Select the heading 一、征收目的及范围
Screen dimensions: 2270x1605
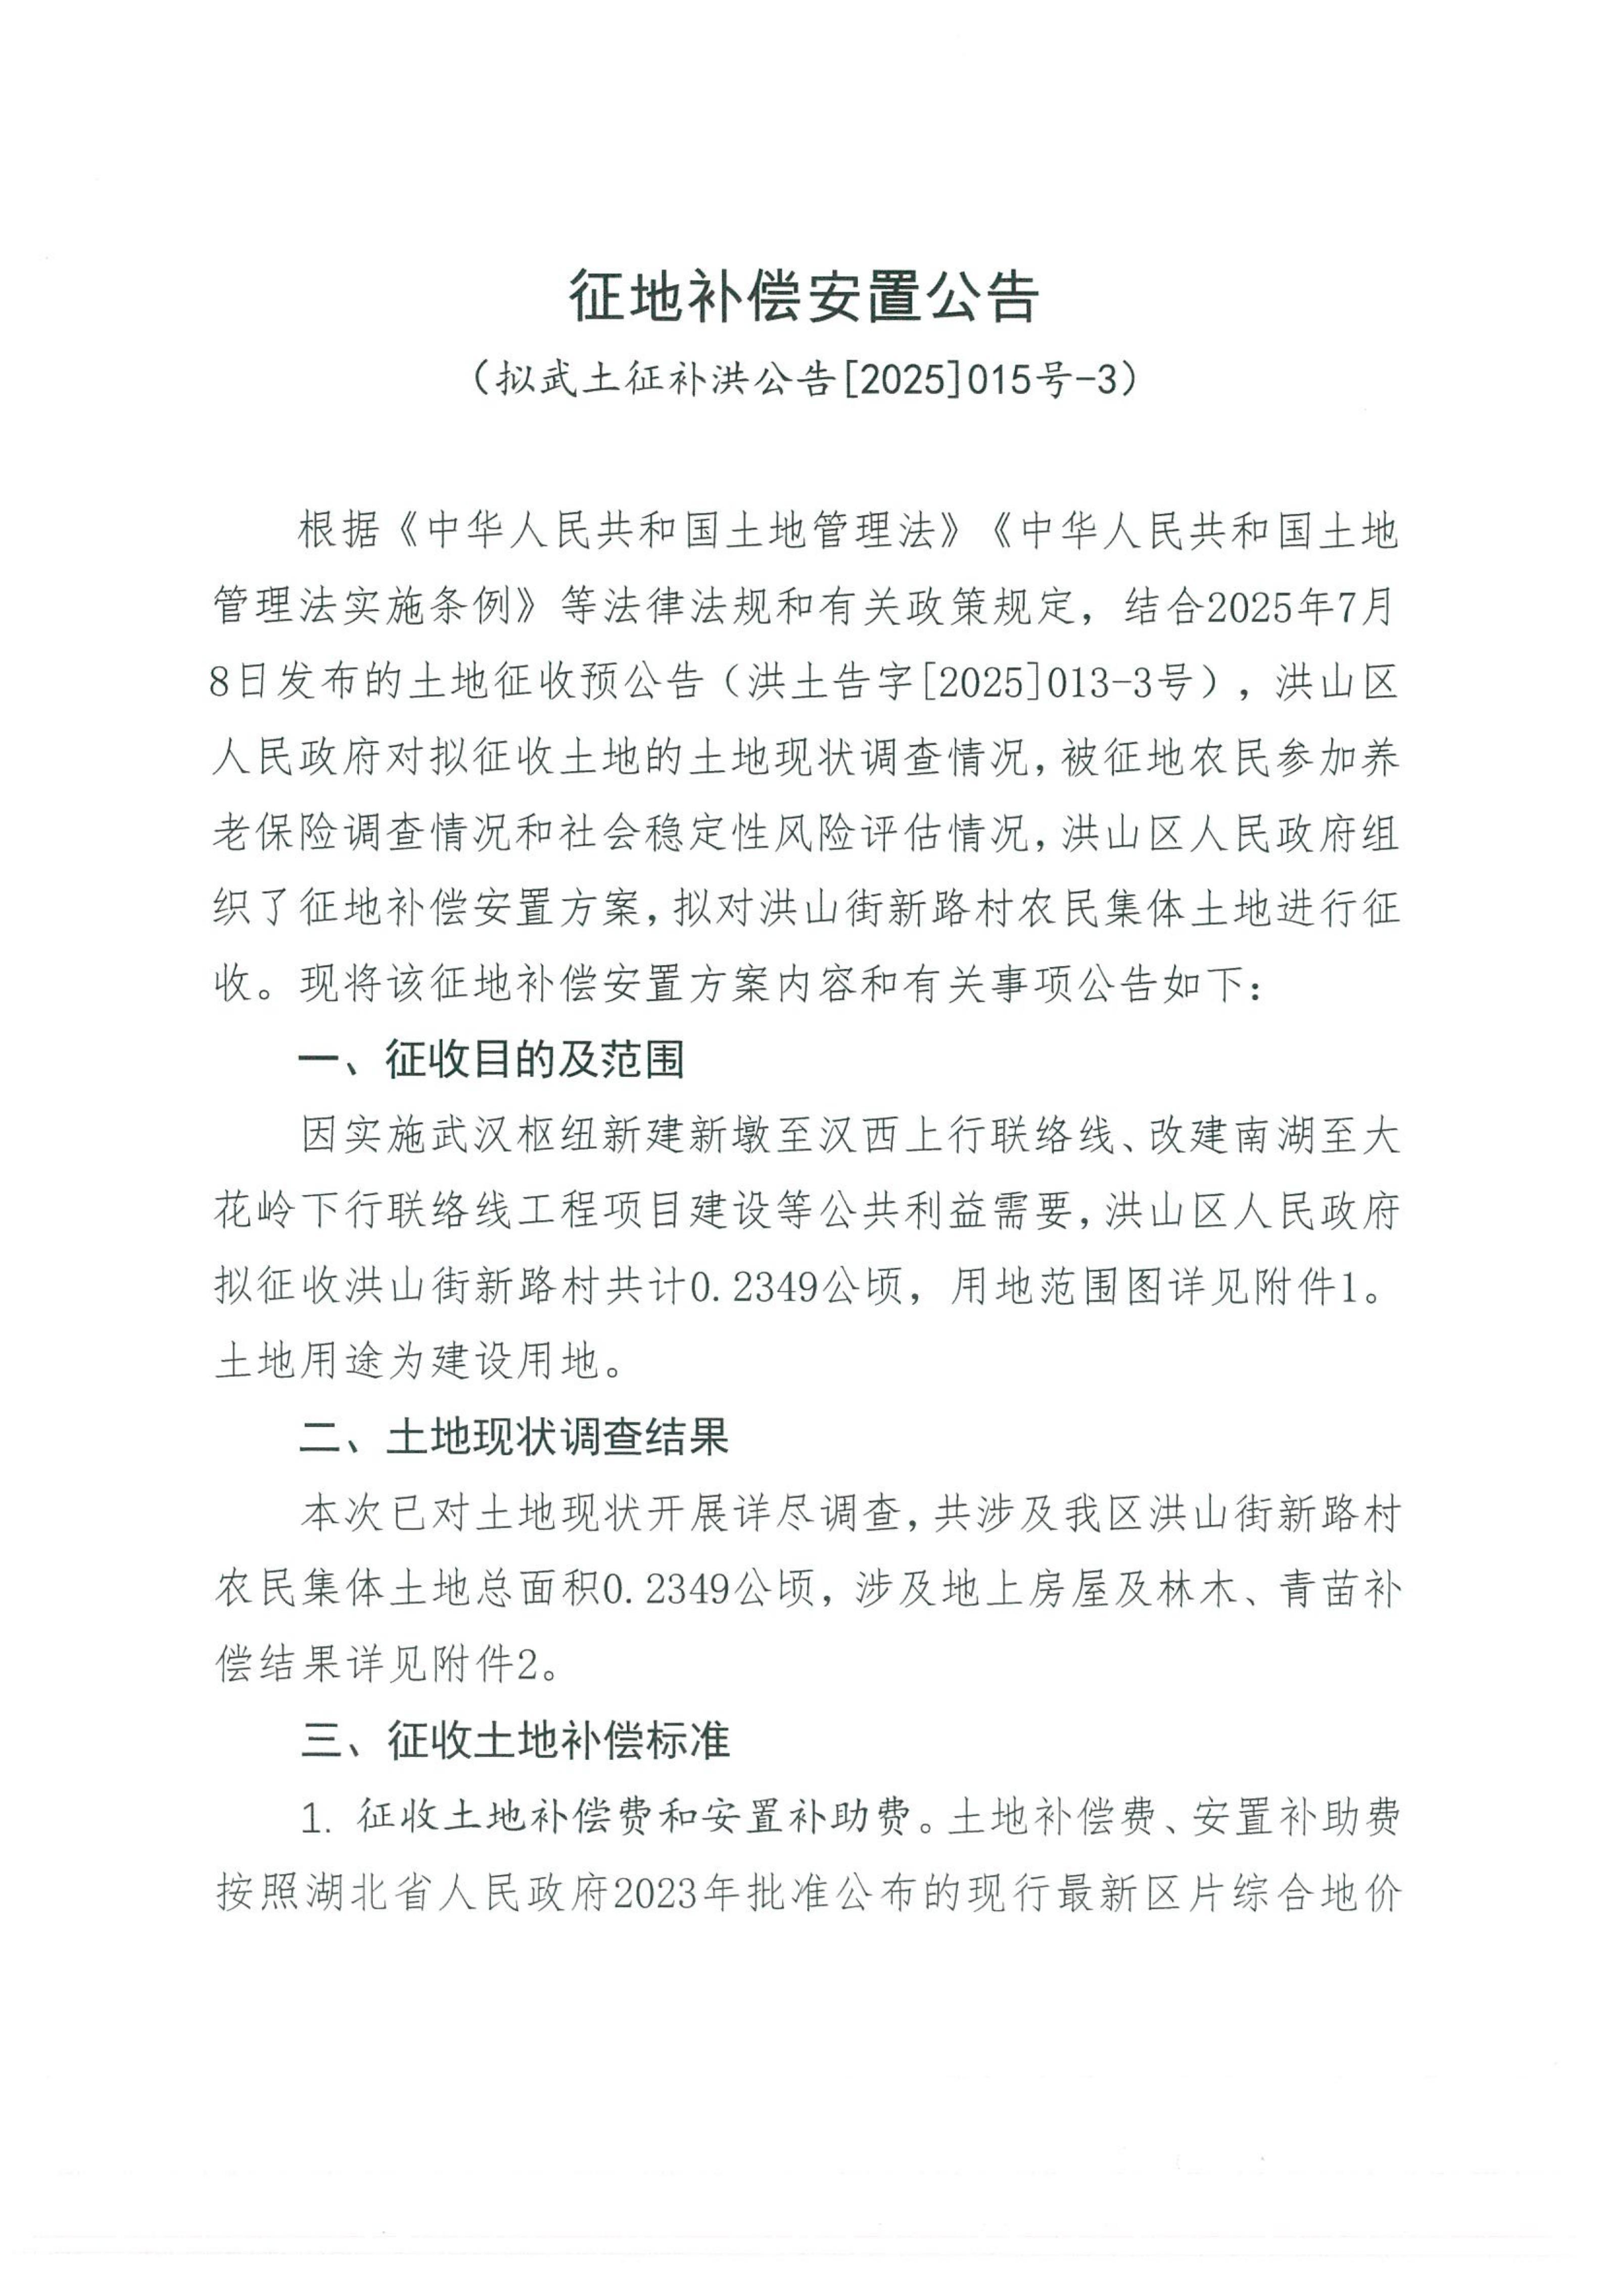(x=492, y=1060)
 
